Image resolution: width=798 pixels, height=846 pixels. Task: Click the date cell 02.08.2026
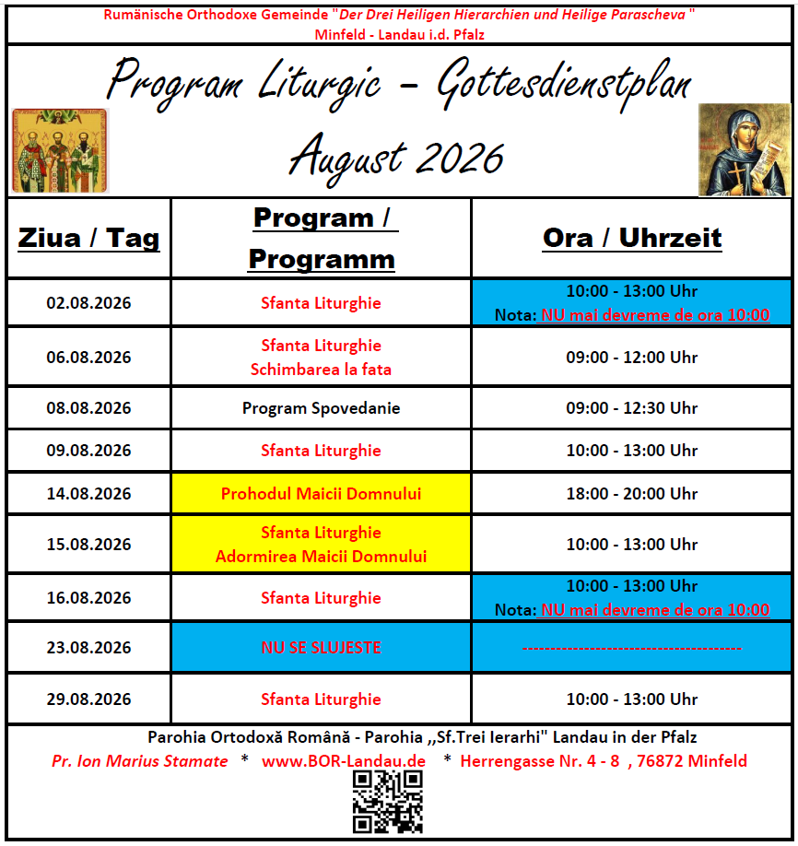coord(88,302)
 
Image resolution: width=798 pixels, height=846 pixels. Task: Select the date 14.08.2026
coord(88,494)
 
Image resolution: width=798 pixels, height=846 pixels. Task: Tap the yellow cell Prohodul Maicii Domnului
coord(321,494)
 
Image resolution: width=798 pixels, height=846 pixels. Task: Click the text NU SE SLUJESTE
coord(321,648)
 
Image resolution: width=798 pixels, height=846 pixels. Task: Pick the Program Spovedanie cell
coord(321,408)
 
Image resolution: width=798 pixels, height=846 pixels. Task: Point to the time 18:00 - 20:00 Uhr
coord(632,494)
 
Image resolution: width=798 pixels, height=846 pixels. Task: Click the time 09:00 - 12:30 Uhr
coord(632,408)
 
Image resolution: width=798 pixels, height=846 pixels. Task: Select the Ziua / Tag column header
coord(88,238)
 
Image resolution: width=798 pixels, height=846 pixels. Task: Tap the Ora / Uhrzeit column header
coord(632,238)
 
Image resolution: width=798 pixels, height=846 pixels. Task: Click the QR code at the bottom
coord(387,802)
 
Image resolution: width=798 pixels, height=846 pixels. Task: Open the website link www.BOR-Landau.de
coord(344,760)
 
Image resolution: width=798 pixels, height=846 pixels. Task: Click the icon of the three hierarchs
coord(60,150)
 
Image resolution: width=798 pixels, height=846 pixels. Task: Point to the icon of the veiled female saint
coord(745,150)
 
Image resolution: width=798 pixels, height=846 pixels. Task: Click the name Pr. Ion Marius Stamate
coord(140,760)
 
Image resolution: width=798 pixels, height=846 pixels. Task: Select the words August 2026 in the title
coord(396,158)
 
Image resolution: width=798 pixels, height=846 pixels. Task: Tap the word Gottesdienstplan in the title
coord(564,85)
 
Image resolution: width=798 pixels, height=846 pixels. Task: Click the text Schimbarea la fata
coord(321,370)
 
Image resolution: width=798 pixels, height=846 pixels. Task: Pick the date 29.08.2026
coord(88,699)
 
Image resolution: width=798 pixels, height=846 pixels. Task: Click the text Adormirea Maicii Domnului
coord(321,557)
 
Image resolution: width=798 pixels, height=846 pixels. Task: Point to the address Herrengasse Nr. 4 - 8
coord(540,760)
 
